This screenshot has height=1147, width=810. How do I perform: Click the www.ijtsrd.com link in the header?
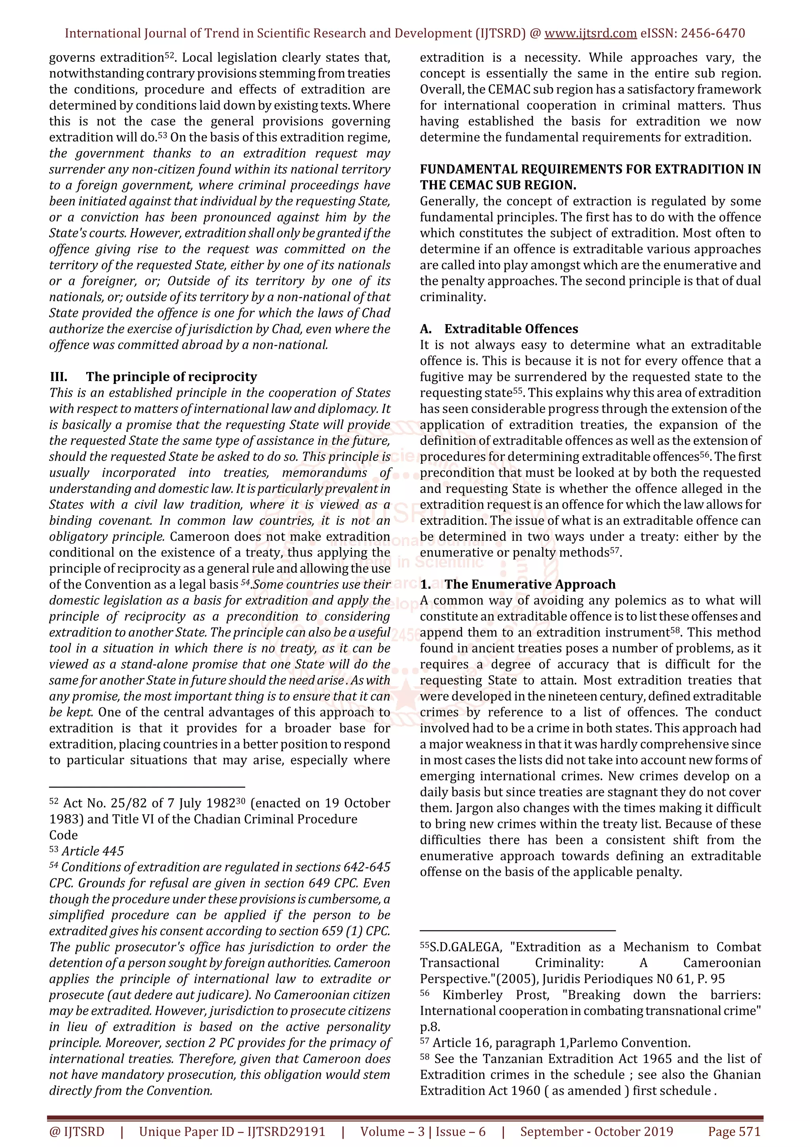point(590,34)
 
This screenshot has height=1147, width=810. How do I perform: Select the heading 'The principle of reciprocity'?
point(171,377)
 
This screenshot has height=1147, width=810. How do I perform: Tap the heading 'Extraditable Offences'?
point(511,329)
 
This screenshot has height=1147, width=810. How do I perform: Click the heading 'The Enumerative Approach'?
point(530,584)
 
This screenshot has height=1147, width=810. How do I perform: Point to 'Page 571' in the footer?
point(734,1132)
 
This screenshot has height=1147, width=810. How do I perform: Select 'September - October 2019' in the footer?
point(596,1132)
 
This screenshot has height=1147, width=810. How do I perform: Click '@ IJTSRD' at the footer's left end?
point(77,1132)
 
